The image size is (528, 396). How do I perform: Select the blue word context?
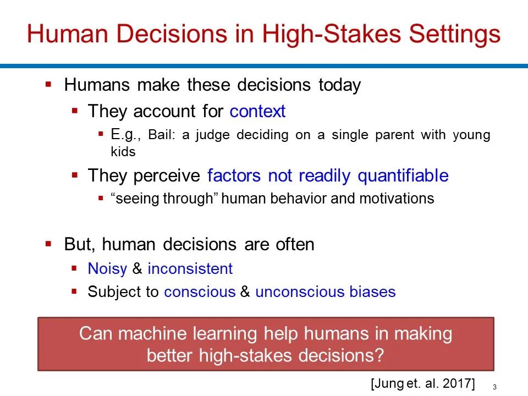pos(257,111)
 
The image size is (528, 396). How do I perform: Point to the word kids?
pos(123,152)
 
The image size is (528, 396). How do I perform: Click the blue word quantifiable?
pos(403,176)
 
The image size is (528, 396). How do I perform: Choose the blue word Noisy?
pos(107,269)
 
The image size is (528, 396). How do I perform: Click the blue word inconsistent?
pos(190,269)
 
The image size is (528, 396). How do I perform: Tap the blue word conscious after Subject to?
pos(200,291)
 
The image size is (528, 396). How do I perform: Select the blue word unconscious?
pos(300,291)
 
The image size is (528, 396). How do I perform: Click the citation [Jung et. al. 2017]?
pos(423,383)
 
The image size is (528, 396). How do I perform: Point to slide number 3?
pos(494,387)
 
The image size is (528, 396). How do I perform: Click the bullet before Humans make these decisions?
pos(48,84)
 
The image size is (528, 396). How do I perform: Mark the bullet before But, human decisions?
pos(48,244)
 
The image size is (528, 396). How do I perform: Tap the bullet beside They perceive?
pos(75,175)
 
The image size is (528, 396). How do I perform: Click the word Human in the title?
pos(67,34)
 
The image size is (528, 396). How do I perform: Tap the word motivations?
pos(397,199)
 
